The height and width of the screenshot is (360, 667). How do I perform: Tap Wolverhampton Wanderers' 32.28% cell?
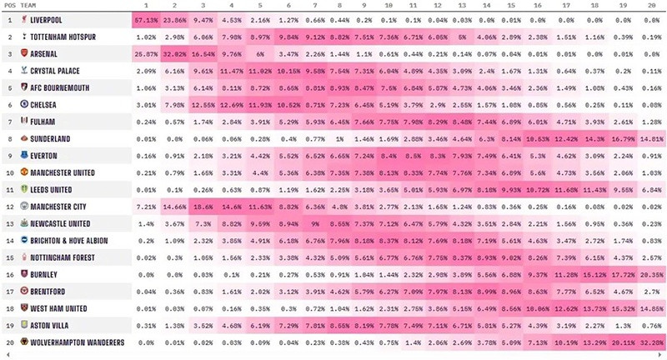pos(650,342)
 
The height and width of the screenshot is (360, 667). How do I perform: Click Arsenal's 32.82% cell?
pos(174,54)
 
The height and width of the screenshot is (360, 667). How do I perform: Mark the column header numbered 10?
pos(389,6)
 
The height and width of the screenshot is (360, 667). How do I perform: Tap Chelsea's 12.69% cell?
pos(231,105)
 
